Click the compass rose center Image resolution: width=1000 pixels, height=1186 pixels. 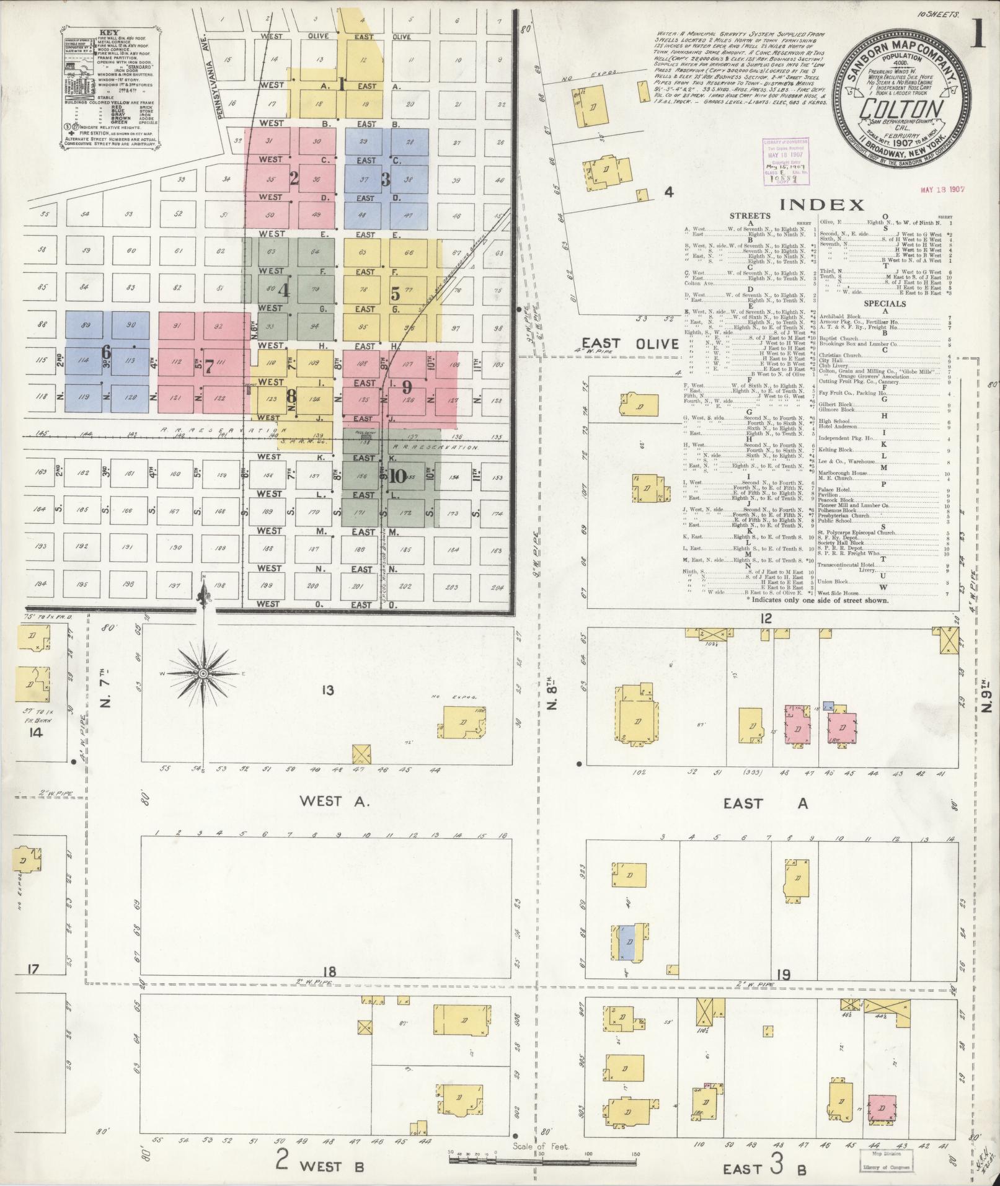pyautogui.click(x=203, y=673)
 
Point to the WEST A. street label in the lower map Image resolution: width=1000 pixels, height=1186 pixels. pyautogui.click(x=334, y=801)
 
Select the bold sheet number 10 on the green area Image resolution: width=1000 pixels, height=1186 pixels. pyautogui.click(x=397, y=476)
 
